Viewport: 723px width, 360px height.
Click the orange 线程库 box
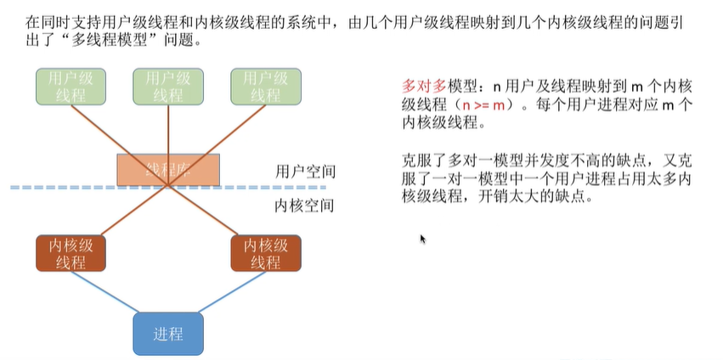click(x=168, y=169)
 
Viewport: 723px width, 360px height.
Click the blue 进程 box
click(x=168, y=332)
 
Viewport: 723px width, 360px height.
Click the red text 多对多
click(x=422, y=87)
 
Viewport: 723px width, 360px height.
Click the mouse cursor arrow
click(x=422, y=239)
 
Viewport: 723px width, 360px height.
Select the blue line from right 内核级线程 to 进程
click(x=231, y=293)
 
